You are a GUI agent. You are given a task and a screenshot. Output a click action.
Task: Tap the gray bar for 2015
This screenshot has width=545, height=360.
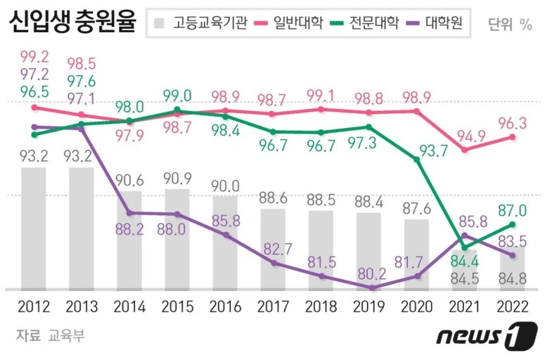[x=177, y=239]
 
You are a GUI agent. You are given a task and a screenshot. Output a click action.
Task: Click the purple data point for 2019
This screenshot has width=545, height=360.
[x=371, y=288]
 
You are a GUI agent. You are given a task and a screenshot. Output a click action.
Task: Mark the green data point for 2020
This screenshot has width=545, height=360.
[x=418, y=160]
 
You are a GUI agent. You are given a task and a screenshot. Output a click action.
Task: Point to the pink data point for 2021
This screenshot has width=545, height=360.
[x=465, y=150]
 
